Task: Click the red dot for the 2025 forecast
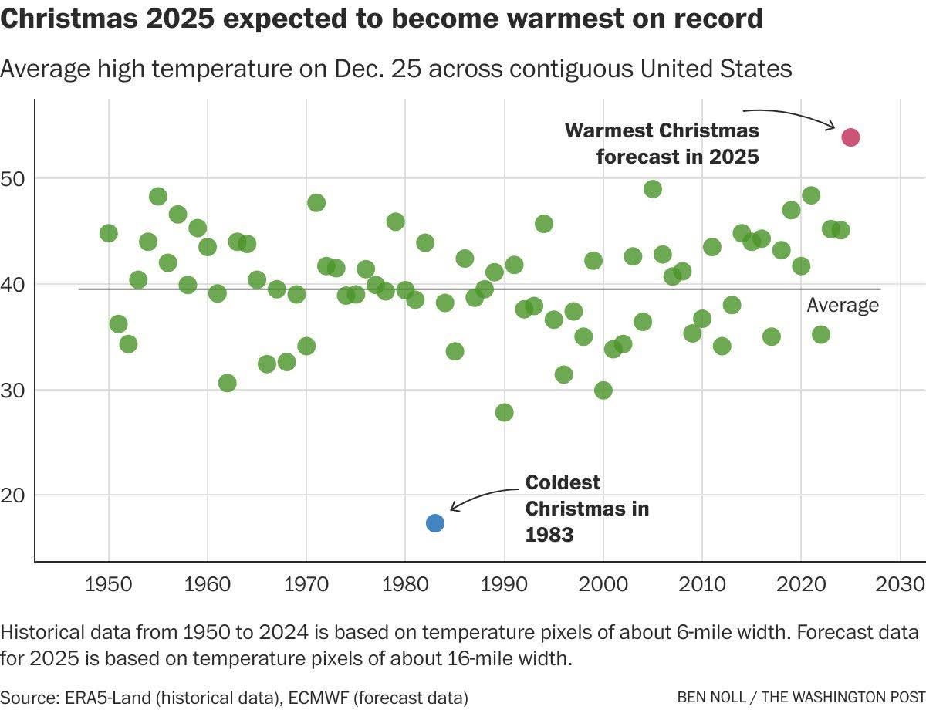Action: point(850,137)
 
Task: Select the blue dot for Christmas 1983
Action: point(434,523)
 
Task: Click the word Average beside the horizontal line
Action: point(843,306)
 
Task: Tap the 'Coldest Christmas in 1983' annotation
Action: point(586,508)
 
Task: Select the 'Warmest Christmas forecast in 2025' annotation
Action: point(662,143)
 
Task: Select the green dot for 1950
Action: point(109,233)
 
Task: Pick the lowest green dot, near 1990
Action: point(504,412)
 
